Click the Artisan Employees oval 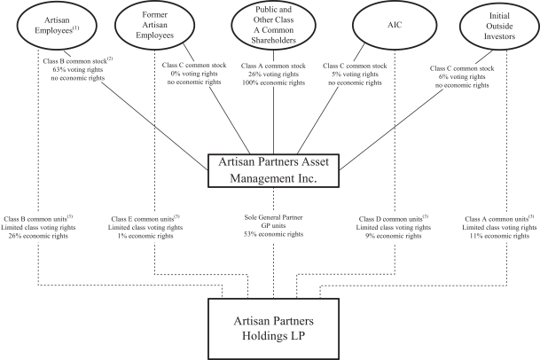coord(37,24)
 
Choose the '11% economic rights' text coord(503,235)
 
